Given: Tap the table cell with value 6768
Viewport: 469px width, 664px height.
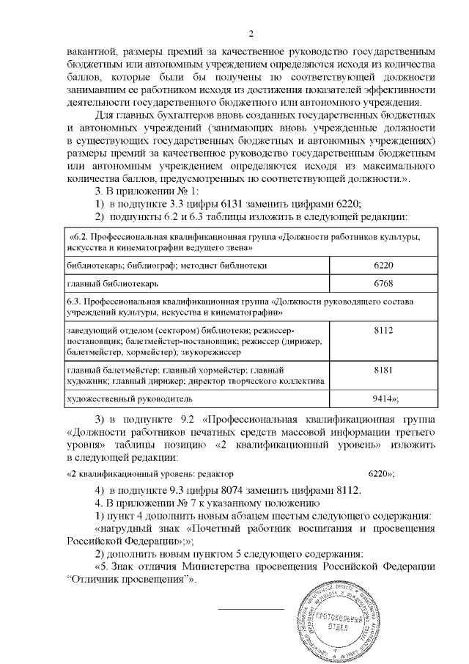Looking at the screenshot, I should [383, 282].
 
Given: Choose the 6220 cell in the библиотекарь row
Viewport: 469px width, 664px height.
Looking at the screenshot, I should [383, 263].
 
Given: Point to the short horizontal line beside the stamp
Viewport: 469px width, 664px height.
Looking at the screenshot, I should [251, 609].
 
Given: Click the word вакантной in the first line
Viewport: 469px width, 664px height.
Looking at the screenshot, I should [91, 53].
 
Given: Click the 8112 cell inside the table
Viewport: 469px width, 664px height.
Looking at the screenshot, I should [383, 330].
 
